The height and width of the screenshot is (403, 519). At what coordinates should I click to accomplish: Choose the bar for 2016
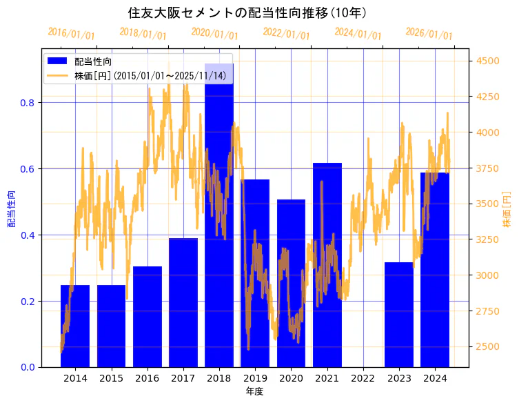pyautogui.click(x=147, y=317)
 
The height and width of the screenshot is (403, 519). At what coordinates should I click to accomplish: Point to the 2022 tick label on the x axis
pyautogui.click(x=363, y=378)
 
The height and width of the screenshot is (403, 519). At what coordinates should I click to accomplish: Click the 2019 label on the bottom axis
pyautogui.click(x=255, y=378)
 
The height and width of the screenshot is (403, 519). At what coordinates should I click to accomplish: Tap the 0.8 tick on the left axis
pyautogui.click(x=28, y=103)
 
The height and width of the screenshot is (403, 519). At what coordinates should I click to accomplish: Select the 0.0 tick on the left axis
pyautogui.click(x=28, y=367)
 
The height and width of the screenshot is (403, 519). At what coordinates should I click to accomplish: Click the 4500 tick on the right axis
pyautogui.click(x=489, y=61)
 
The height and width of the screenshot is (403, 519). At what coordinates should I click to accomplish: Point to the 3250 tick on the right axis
pyautogui.click(x=489, y=240)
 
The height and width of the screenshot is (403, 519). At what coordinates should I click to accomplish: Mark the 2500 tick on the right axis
pyautogui.click(x=489, y=346)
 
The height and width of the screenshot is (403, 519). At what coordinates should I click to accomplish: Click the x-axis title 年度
pyautogui.click(x=254, y=391)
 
